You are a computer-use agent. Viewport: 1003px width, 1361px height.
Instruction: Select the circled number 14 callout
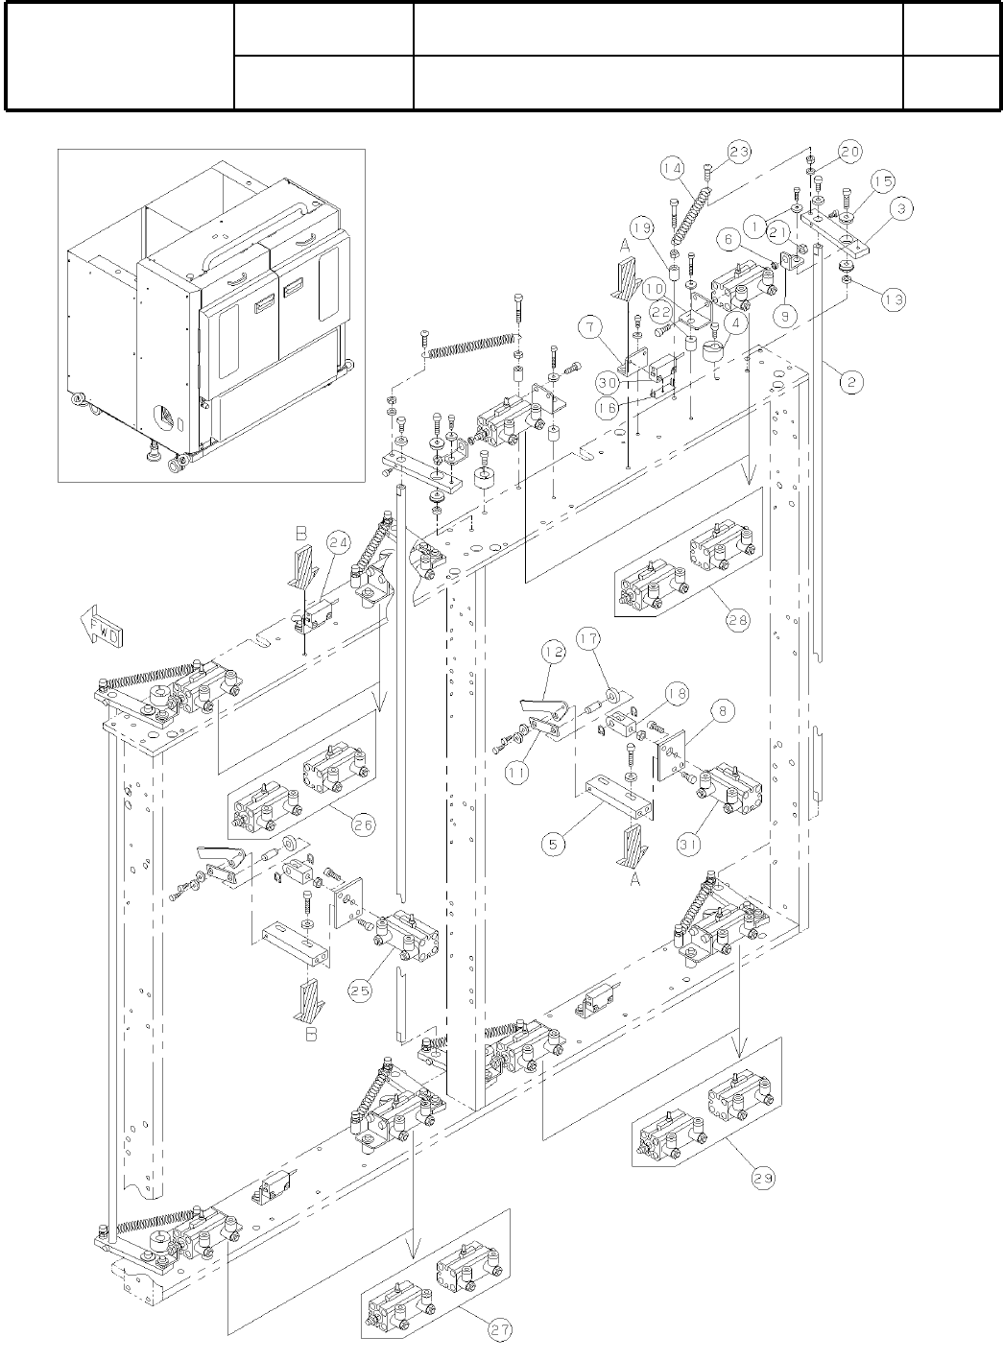point(673,167)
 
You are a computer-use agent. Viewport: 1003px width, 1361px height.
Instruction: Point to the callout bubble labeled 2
point(850,381)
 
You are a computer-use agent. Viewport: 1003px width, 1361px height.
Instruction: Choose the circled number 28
point(737,620)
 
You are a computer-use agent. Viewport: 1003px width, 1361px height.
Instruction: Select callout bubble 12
point(550,653)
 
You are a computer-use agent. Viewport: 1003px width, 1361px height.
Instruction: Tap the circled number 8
point(722,712)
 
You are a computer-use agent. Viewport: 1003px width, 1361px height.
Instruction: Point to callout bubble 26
point(362,824)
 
